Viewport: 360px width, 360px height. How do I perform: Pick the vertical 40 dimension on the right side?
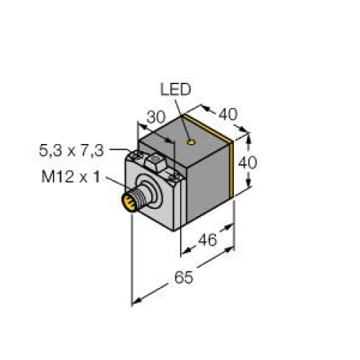coord(246,163)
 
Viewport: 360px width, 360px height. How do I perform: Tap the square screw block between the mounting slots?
coord(154,161)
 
